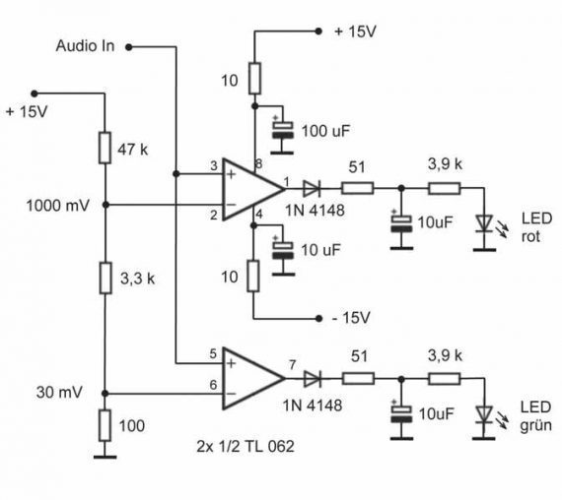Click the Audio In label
tap(85, 46)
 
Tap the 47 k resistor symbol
tap(105, 148)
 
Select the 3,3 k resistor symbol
tap(105, 279)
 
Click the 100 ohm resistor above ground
tap(105, 425)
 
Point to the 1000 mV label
tap(58, 206)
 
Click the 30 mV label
tap(59, 393)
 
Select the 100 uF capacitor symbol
tap(283, 130)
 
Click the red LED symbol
tap(484, 224)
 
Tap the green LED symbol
tap(484, 415)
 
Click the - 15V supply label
tap(351, 318)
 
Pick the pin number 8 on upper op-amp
tap(258, 164)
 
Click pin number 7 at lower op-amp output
tap(293, 365)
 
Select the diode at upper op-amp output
tap(312, 188)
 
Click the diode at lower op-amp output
tap(312, 379)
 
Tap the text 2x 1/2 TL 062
tap(246, 446)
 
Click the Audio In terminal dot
tap(129, 47)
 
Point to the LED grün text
tap(535, 416)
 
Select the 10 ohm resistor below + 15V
tap(254, 79)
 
